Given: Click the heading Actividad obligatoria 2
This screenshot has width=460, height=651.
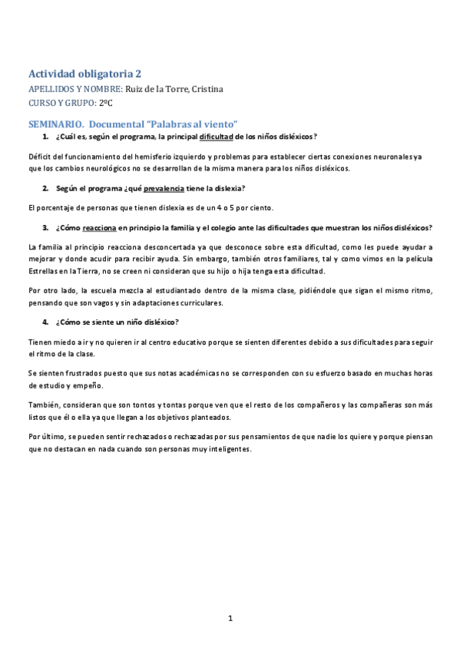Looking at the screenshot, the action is point(84,74).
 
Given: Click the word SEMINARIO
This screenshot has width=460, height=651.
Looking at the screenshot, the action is point(56,123).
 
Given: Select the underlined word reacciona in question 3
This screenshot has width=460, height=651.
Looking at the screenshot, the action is point(99,227).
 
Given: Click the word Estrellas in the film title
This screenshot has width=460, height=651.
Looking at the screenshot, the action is point(44,271).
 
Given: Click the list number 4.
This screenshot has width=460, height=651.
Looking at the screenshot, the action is point(45,322).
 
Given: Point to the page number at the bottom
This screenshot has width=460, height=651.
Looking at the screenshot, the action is point(229,618).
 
